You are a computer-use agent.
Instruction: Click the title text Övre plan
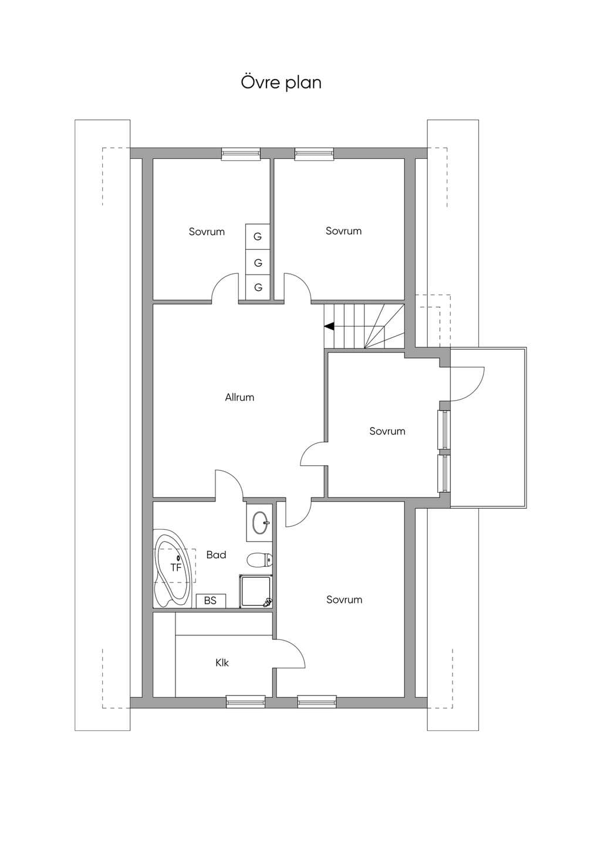(281, 82)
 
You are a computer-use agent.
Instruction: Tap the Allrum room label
(239, 397)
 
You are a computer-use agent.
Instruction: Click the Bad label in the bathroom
(216, 555)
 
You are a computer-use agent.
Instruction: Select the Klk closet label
(222, 662)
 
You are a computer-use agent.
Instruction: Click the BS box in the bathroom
(211, 601)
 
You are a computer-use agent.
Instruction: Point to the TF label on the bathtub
(176, 567)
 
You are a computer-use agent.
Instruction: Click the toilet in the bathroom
(259, 559)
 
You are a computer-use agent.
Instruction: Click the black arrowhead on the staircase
(329, 326)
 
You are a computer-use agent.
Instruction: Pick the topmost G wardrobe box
(258, 236)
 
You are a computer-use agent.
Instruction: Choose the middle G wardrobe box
(258, 262)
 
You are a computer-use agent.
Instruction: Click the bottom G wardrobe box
(258, 287)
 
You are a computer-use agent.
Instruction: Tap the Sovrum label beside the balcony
(387, 431)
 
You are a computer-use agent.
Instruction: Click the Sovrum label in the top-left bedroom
(207, 232)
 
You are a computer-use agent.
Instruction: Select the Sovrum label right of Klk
(344, 600)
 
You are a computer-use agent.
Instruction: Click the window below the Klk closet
(246, 702)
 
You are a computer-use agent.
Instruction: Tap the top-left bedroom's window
(241, 154)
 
